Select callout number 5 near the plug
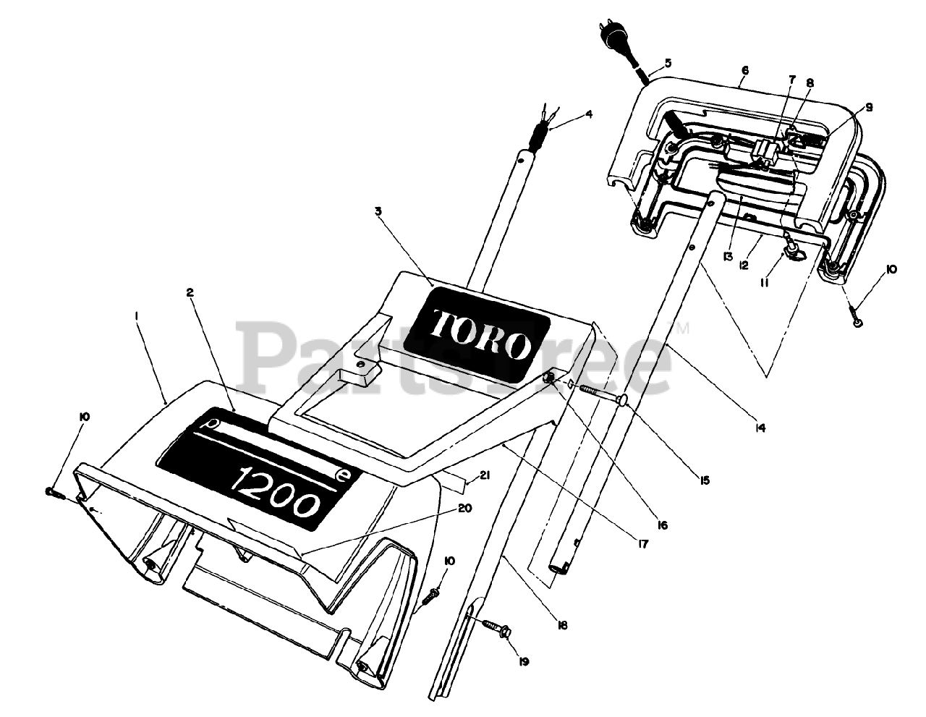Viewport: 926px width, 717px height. [668, 64]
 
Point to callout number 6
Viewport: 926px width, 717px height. [745, 71]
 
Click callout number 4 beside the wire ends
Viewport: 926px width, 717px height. [589, 114]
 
